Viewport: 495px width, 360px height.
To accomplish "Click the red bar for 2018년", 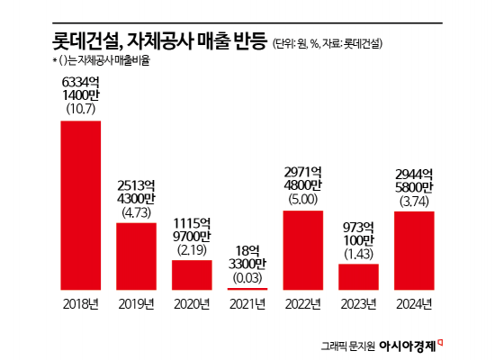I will [x=80, y=205].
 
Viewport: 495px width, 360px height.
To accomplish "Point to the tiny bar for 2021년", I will [x=247, y=289].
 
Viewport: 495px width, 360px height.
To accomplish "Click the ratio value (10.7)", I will [x=80, y=110].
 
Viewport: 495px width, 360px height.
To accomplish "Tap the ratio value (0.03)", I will [x=247, y=279].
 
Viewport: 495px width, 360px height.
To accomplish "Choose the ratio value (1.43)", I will [x=359, y=254].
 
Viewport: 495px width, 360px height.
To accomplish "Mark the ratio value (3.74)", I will [x=415, y=201].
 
